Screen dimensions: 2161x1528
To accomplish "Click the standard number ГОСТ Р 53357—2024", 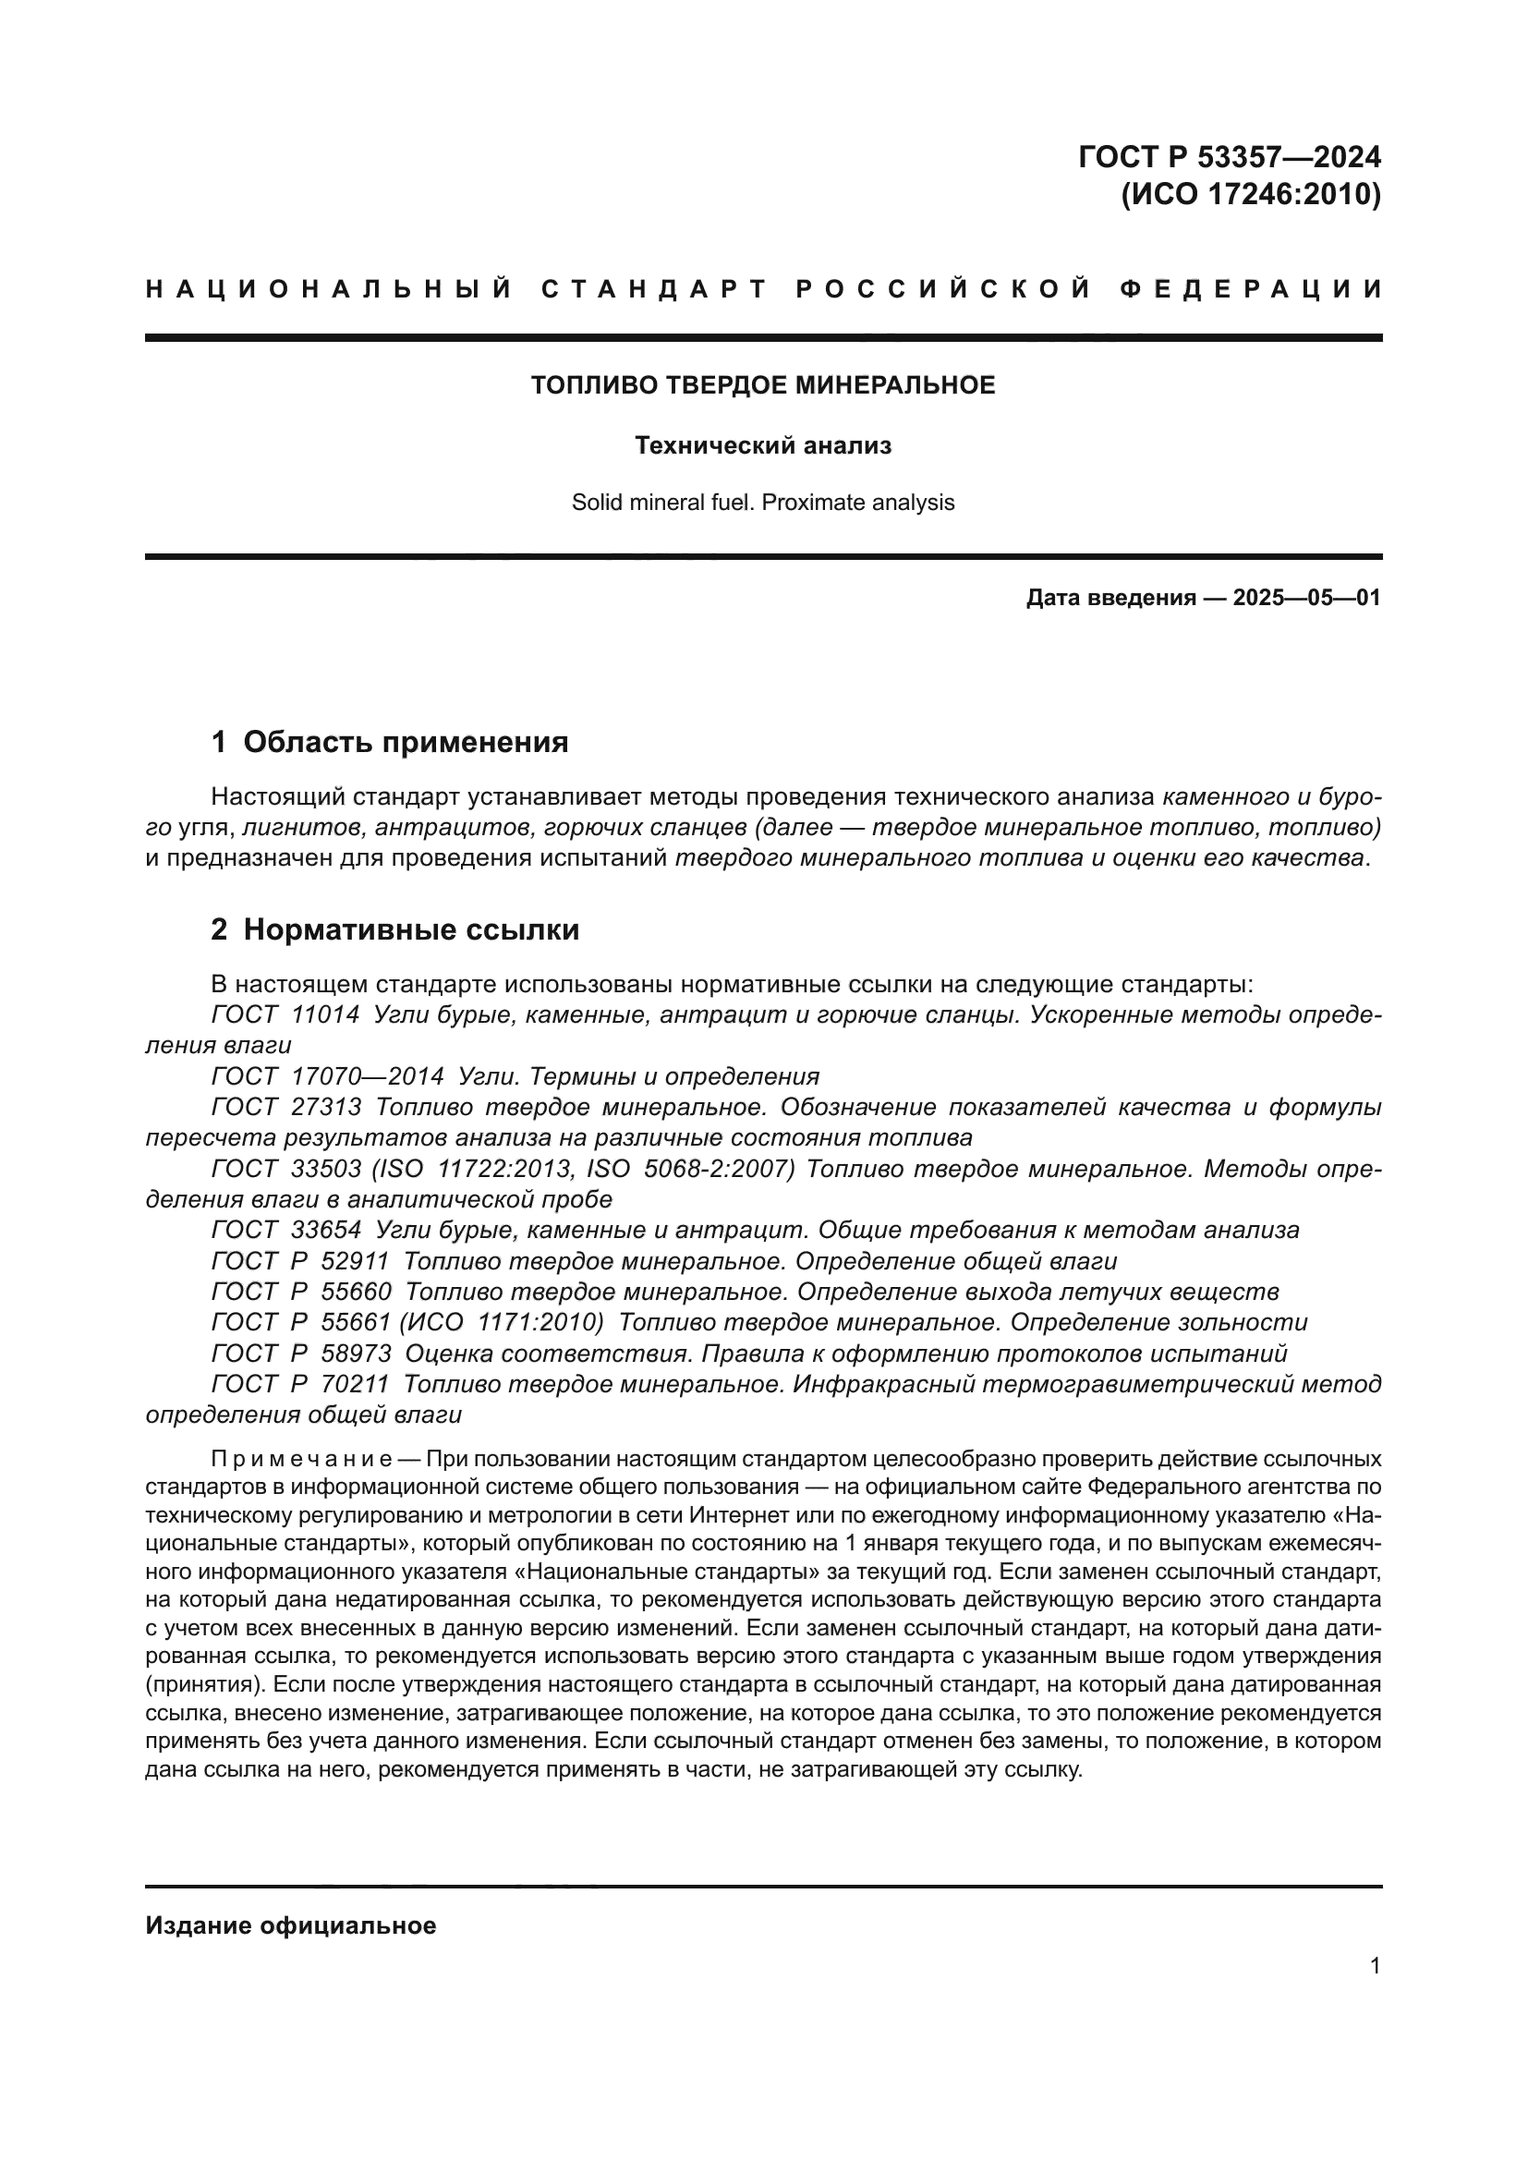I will pyautogui.click(x=1229, y=156).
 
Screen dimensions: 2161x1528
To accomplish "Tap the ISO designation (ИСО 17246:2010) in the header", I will pyautogui.click(x=1251, y=194).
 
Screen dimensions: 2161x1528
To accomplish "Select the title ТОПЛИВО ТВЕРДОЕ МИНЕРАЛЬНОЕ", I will pyautogui.click(x=763, y=385).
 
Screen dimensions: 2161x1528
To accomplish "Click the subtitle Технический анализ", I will pyautogui.click(x=763, y=445).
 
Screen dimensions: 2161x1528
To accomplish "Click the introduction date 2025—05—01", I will pyautogui.click(x=1306, y=598).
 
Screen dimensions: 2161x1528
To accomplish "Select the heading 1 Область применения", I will pyautogui.click(x=390, y=743).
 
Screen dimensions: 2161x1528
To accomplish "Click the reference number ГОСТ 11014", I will pyautogui.click(x=285, y=1015).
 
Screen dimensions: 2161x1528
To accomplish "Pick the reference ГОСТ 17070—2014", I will pyautogui.click(x=327, y=1076).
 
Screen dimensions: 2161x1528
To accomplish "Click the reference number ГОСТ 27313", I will pyautogui.click(x=286, y=1108).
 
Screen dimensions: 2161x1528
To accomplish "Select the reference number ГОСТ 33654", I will pyautogui.click(x=286, y=1230).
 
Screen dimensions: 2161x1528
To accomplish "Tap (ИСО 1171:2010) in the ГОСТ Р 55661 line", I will pyautogui.click(x=502, y=1322).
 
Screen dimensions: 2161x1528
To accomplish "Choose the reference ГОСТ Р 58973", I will pyautogui.click(x=301, y=1354).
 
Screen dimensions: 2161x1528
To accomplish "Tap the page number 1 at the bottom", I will pyautogui.click(x=1375, y=1965).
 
